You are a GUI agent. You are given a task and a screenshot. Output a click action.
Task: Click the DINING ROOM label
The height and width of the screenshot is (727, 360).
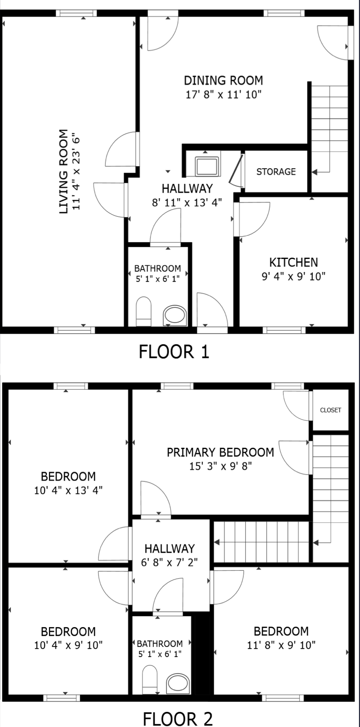223,80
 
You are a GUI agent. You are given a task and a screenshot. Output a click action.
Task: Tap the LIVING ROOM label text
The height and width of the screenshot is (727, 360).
63,172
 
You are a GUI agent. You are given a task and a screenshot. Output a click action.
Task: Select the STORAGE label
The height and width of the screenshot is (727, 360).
276,172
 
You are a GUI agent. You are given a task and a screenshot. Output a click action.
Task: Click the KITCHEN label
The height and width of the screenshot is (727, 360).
293,262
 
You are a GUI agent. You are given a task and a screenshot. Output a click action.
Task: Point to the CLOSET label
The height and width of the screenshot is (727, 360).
330,410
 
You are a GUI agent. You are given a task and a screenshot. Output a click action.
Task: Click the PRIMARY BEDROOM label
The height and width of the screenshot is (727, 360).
220,452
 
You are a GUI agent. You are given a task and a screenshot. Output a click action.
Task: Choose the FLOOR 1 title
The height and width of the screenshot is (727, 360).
174,351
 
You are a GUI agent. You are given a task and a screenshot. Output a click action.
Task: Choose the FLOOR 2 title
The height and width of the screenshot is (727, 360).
177,719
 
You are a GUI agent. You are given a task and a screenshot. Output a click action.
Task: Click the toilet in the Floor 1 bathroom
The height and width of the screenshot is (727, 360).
144,311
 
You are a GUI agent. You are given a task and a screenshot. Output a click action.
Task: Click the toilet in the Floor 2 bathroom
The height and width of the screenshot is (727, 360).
149,680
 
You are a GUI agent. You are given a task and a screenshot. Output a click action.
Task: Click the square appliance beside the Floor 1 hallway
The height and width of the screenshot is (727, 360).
207,166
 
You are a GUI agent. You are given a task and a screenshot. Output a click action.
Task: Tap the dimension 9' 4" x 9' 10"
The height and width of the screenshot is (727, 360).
293,277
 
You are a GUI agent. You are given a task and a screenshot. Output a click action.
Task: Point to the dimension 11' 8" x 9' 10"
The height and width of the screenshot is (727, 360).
281,645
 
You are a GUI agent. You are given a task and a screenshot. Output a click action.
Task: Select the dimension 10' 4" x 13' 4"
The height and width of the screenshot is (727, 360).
68,490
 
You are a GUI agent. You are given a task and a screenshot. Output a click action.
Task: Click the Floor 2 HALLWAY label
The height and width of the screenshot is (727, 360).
169,549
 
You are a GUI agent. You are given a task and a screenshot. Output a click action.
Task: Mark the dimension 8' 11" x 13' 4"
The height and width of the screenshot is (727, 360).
187,203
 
